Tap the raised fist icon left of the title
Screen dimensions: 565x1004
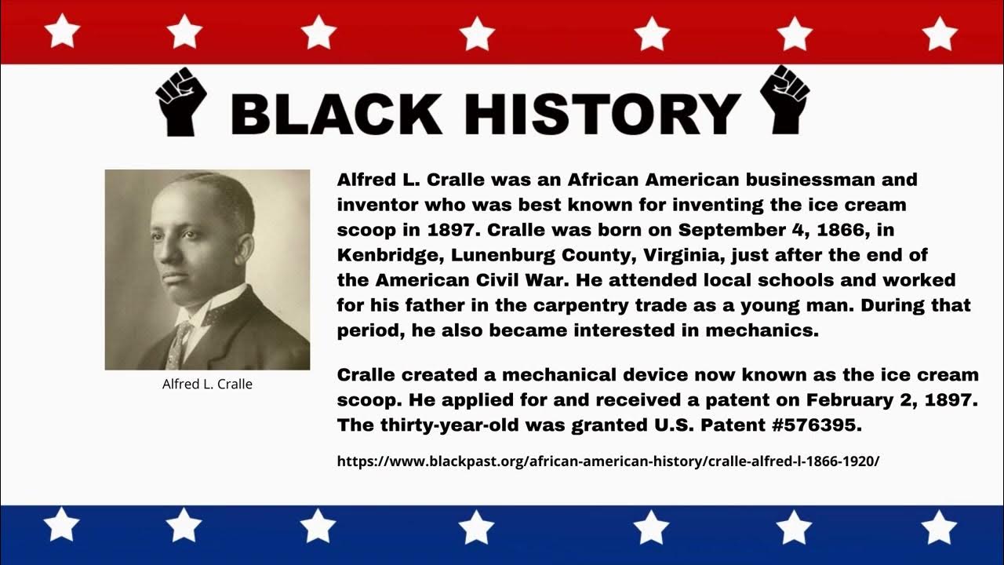point(181,101)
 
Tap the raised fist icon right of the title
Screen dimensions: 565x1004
point(785,100)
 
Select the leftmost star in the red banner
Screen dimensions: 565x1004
point(62,32)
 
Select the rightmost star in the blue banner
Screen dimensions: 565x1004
point(939,527)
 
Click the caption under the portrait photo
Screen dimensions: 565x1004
point(207,385)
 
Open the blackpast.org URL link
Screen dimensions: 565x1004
point(608,461)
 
